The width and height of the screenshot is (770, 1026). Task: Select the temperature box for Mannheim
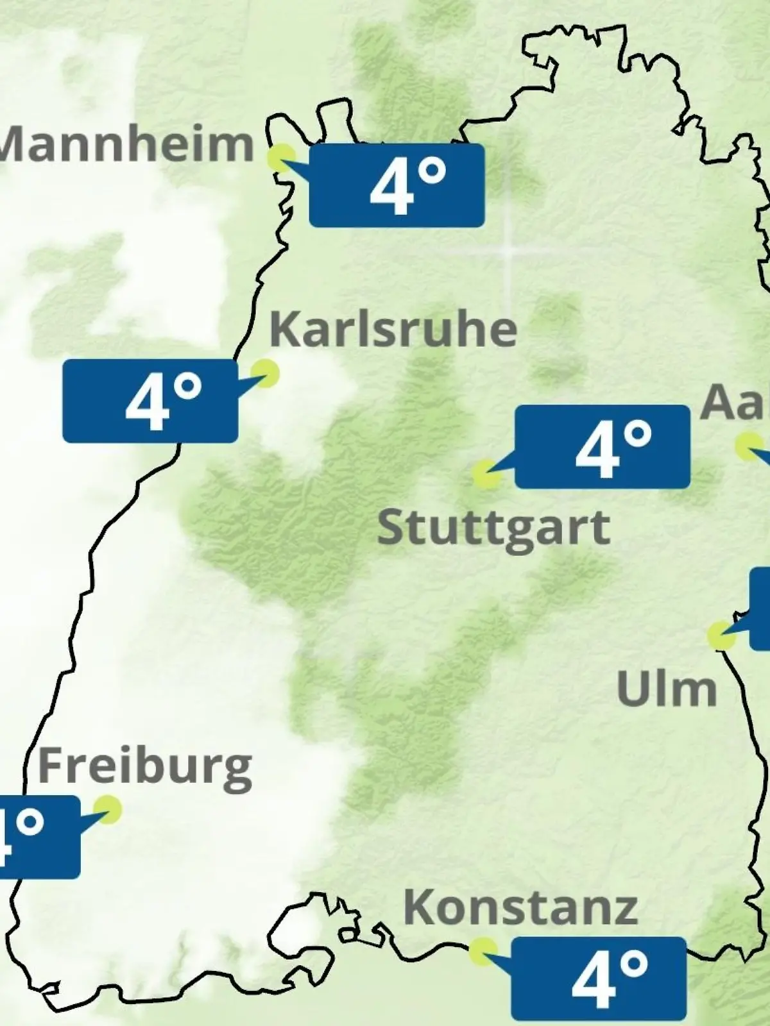click(x=397, y=185)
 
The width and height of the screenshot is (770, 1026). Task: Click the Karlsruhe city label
click(x=393, y=330)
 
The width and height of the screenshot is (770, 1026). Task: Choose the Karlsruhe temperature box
click(x=150, y=401)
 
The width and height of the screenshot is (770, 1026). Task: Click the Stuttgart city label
click(x=493, y=527)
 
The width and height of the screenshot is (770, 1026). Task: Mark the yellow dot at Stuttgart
click(x=486, y=475)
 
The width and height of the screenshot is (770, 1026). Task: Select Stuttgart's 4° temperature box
click(x=603, y=447)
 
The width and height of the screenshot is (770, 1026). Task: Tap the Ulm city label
click(x=667, y=689)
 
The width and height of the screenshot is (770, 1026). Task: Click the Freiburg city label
click(x=145, y=766)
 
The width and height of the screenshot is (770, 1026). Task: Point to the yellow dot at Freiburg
click(x=107, y=809)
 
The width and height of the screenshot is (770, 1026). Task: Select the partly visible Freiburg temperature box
click(x=38, y=837)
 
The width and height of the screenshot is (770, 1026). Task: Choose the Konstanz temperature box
click(x=599, y=979)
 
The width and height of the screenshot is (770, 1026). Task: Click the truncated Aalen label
click(x=735, y=403)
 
